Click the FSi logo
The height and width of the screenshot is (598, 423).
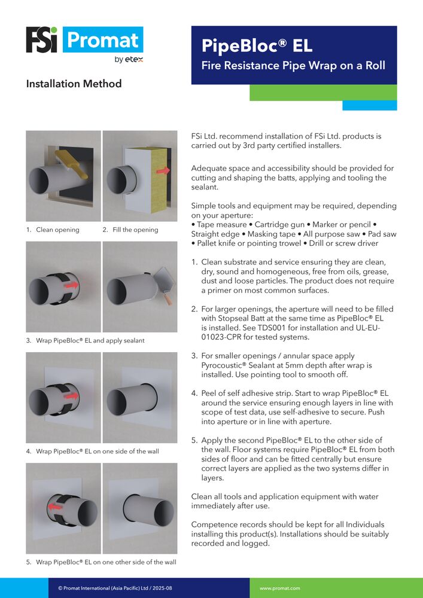coord(41,39)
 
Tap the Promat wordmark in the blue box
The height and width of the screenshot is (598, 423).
coord(103,39)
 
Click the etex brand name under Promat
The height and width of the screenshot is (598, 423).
coord(134,59)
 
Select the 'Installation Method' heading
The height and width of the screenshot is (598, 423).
coord(74,84)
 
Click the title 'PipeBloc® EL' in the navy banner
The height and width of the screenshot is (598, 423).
coord(257,46)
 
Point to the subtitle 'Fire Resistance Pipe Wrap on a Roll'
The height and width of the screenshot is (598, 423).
coord(293,66)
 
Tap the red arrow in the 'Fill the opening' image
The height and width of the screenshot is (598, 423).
coord(163,171)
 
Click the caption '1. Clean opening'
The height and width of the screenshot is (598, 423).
coord(53,230)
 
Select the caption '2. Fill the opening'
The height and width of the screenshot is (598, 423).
coord(130,230)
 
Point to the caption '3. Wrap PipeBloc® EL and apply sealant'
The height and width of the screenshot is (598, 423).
coord(86,341)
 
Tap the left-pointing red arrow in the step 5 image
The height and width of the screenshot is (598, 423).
coord(54,507)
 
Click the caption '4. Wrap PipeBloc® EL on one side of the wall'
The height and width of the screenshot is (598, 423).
coord(93,451)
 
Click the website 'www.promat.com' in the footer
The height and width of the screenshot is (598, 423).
coord(279,588)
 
